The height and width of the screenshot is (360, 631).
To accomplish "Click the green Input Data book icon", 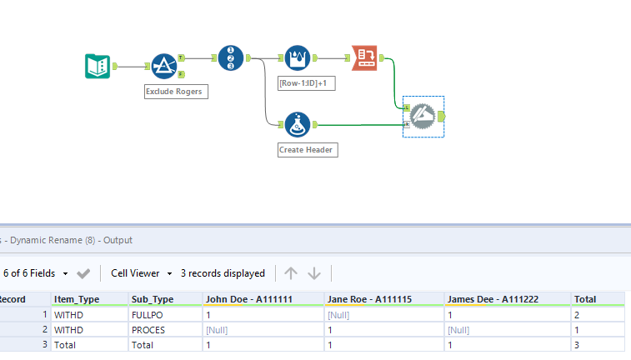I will tap(98, 66).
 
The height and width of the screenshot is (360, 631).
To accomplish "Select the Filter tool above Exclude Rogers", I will tap(164, 66).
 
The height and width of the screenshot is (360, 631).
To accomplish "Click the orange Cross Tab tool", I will tap(364, 57).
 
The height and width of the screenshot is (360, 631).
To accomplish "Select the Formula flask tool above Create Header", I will tap(298, 125).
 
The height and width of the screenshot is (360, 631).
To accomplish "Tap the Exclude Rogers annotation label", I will tap(175, 92).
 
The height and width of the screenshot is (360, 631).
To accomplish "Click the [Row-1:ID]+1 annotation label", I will tap(306, 83).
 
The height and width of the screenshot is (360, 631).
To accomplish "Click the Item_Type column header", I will tap(77, 299).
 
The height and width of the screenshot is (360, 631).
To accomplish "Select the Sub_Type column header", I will tap(153, 299).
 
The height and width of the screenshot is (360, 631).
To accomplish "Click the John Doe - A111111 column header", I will tap(249, 299).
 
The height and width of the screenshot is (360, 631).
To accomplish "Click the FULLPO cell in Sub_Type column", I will tap(148, 315).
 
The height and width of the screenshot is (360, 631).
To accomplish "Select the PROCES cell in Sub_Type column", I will tap(148, 330).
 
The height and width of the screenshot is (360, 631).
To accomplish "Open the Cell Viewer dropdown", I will tap(142, 273).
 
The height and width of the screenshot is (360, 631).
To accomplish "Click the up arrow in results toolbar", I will tap(291, 273).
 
